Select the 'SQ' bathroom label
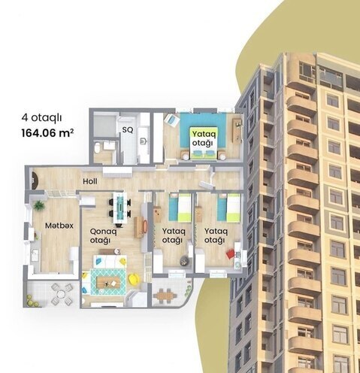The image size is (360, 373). click(128, 129)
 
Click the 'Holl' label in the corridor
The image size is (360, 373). click(91, 181)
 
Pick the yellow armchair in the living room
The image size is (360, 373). click(133, 279)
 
